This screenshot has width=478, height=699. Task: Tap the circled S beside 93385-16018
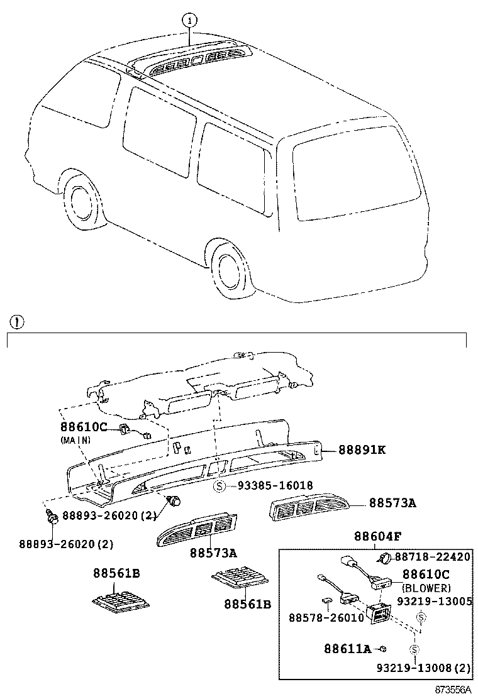tap(219, 485)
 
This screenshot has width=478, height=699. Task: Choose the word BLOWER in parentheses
tap(426, 588)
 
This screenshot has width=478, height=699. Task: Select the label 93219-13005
tap(434, 601)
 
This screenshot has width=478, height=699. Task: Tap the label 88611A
tap(348, 648)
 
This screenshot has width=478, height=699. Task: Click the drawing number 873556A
tap(452, 690)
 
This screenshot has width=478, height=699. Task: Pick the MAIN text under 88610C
tap(75, 439)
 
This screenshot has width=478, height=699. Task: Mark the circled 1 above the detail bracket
tap(16, 322)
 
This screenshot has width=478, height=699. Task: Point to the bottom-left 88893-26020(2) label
tap(66, 544)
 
